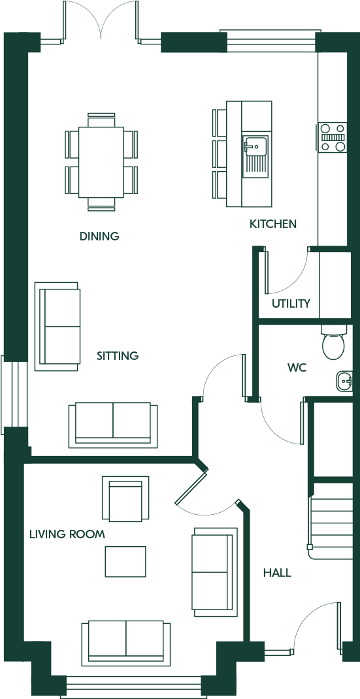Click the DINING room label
coord(99,236)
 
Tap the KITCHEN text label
coord(273,224)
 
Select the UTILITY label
coord(291,304)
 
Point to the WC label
coord(297,368)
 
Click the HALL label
coord(277,573)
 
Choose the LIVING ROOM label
coord(67,534)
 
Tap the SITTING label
coord(118,356)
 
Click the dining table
coord(101,162)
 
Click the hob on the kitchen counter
coord(332,137)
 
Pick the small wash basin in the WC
coord(344,381)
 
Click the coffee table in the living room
coord(125,562)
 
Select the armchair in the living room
coord(125,499)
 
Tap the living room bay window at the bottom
coord(133,687)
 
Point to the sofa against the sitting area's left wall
coord(57,327)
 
